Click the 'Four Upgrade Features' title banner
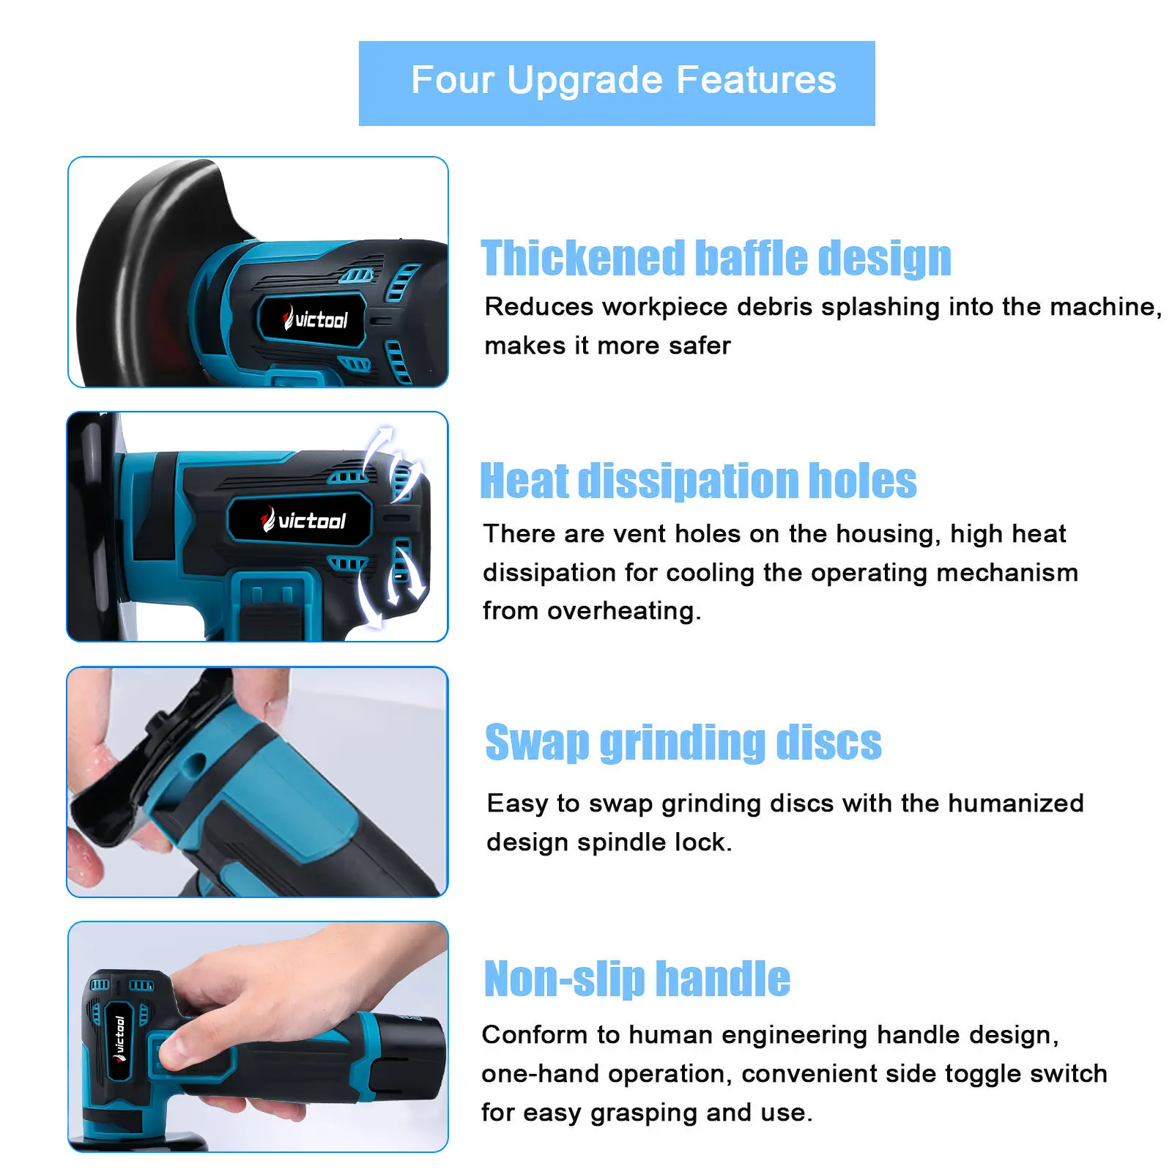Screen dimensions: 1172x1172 click(617, 83)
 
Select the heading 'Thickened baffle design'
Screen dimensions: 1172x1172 click(716, 258)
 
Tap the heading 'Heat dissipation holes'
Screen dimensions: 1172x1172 click(698, 481)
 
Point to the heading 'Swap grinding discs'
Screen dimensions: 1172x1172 click(683, 743)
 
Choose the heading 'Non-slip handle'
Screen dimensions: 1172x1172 click(637, 979)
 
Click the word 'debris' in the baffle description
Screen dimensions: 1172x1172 click(774, 307)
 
